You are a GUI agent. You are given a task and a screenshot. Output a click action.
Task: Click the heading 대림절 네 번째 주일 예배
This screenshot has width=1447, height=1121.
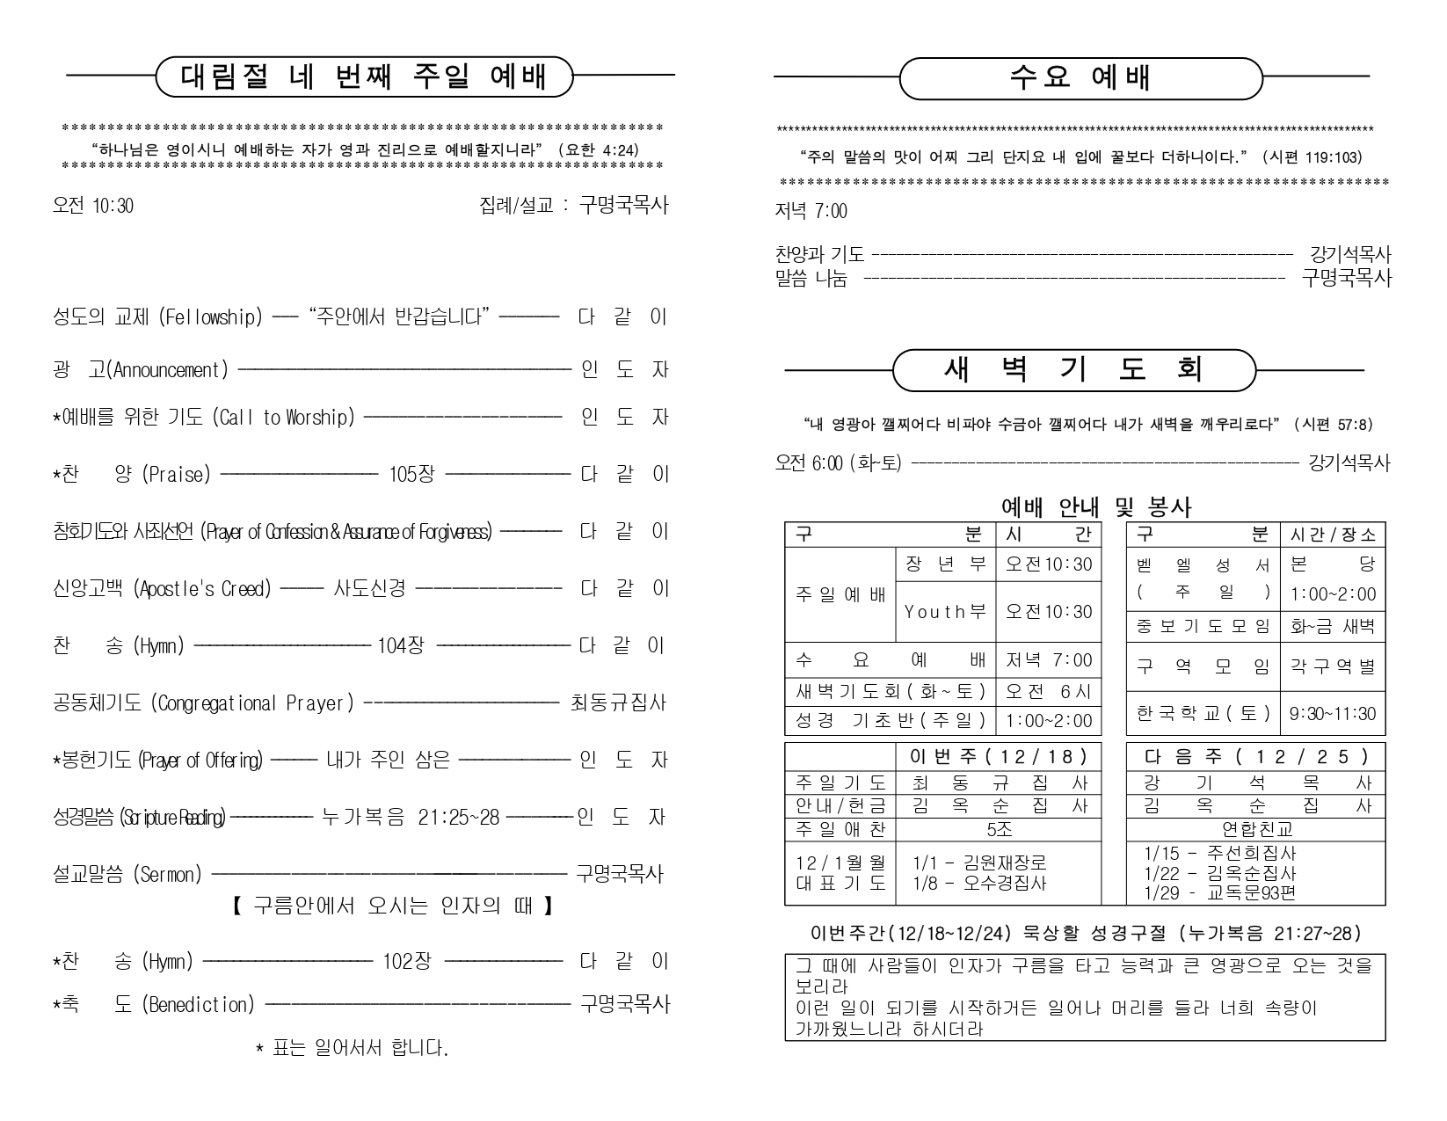pos(363,77)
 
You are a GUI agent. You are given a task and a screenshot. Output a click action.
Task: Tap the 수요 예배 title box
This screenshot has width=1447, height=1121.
pos(1080,78)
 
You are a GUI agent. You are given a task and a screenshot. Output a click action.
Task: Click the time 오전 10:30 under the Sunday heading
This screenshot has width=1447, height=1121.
pos(93,207)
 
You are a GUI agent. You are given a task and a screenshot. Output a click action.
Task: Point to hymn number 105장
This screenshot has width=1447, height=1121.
pos(411,475)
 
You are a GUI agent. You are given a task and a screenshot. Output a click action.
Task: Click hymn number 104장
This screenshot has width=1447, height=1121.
pos(400,646)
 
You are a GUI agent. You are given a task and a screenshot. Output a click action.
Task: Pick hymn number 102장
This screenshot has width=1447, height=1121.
pos(406,961)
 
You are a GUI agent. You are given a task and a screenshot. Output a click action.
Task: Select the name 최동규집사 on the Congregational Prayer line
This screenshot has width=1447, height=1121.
pos(618,703)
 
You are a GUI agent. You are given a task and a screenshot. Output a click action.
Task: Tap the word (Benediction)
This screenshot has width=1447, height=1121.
pos(198,1004)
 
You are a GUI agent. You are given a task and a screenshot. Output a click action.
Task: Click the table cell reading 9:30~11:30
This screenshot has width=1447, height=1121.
pos(1332,714)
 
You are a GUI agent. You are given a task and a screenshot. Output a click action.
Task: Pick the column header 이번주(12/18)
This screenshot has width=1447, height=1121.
pos(999,756)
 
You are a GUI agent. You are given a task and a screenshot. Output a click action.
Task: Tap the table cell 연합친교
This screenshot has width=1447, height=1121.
pos(1256,829)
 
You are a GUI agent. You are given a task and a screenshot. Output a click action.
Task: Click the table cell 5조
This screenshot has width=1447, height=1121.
pos(999,829)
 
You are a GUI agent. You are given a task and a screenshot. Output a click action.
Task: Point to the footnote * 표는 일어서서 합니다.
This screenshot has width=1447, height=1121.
pos(352,1048)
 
